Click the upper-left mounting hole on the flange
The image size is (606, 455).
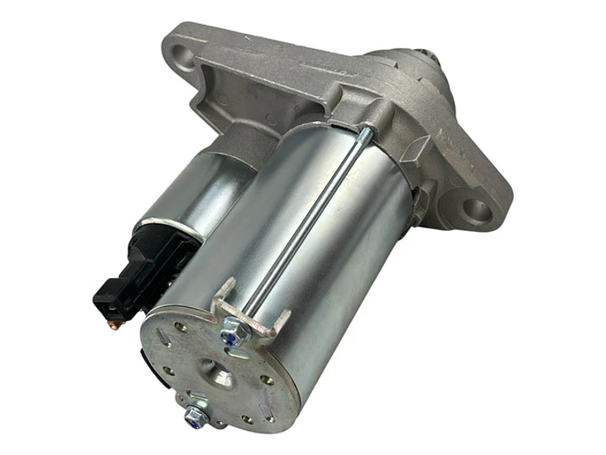coord(183,57)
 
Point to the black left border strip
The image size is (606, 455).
coord(33,227)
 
